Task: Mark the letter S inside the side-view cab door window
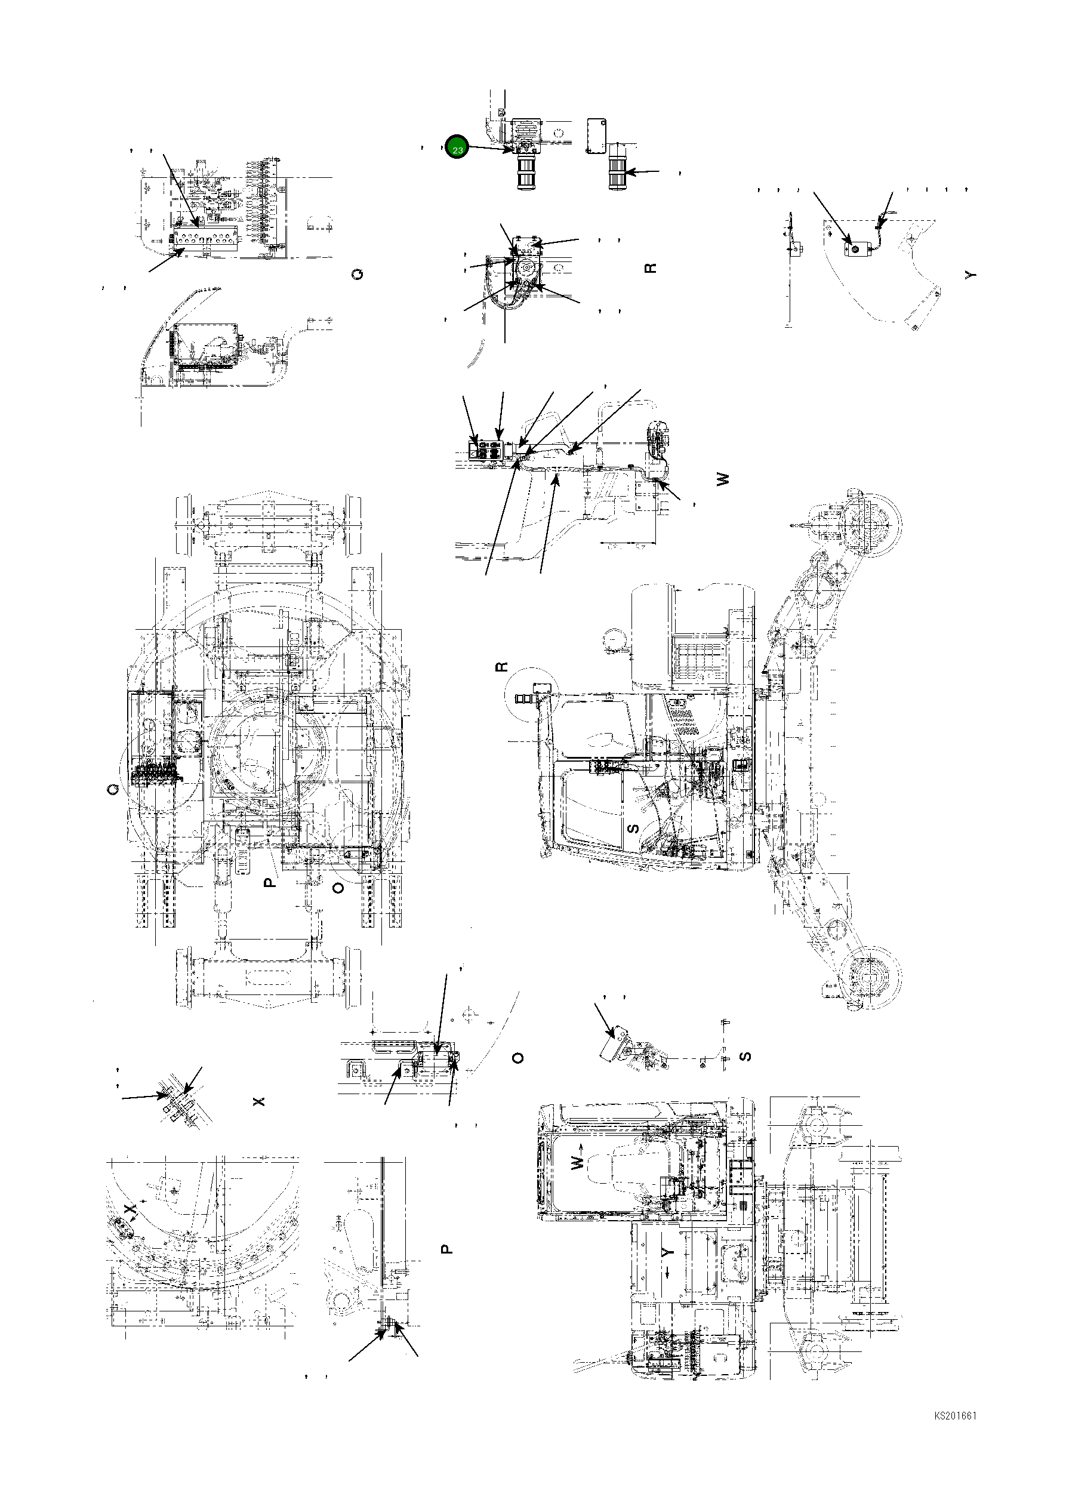tap(633, 828)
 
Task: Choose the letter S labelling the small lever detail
tap(745, 1057)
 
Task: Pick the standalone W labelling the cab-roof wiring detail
tap(723, 480)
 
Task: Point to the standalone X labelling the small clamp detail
tap(260, 1101)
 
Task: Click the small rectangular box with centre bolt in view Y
tap(854, 249)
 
